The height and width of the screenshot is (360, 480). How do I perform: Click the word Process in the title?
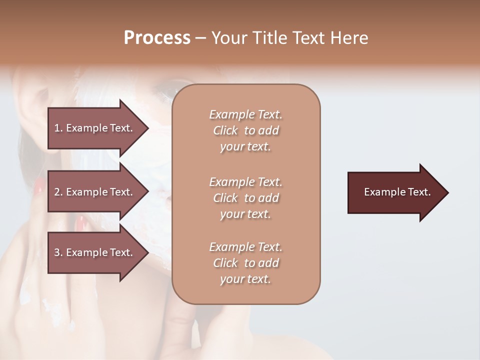[157, 38]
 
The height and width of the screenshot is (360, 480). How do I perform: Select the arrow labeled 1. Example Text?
[95, 128]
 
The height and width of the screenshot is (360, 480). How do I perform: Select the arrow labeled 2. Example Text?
[95, 192]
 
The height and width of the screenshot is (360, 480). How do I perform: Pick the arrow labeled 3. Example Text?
[95, 253]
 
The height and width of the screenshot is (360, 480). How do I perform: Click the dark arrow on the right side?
[395, 192]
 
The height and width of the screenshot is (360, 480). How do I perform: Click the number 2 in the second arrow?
[57, 192]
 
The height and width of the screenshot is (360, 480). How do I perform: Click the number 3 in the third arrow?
[57, 253]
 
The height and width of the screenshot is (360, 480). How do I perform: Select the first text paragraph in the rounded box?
[245, 130]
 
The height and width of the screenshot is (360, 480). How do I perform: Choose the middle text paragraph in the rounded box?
[245, 198]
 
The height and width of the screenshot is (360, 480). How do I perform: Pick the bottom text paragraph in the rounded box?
[245, 263]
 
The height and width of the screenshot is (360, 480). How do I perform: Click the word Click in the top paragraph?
[225, 131]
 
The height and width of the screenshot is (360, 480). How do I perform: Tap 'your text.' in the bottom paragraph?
[245, 279]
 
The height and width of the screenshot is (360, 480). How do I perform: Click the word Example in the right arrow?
[381, 192]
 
